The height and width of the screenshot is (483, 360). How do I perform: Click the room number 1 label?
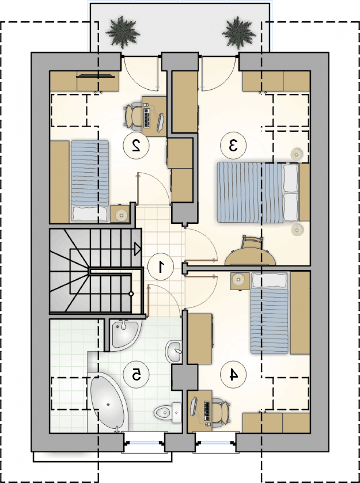click(x=161, y=266)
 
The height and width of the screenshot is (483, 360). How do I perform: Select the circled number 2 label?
click(x=136, y=145)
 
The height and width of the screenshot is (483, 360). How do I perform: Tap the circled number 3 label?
click(x=233, y=145)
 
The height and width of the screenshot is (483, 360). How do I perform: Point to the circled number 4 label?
click(x=233, y=375)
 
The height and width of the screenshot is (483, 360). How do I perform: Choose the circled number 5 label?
click(x=136, y=375)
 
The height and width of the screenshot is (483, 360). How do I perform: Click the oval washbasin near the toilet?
click(x=174, y=351)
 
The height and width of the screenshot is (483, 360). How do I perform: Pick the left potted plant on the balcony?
click(x=123, y=32)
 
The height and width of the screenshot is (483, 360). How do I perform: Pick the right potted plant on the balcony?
click(x=239, y=33)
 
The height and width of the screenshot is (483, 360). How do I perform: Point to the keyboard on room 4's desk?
click(x=207, y=411)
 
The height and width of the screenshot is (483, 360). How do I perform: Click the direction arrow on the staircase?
click(x=138, y=249)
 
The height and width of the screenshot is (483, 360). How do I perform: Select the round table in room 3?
click(x=250, y=257)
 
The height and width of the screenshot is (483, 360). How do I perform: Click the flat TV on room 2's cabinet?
click(x=95, y=76)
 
